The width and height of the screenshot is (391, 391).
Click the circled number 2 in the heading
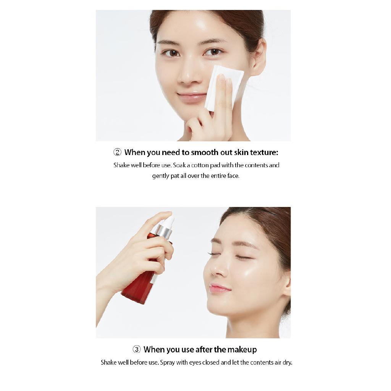(x=117, y=152)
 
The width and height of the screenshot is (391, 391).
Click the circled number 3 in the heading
(x=137, y=349)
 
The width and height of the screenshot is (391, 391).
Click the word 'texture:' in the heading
(x=264, y=152)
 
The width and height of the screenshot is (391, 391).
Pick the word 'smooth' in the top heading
(x=208, y=152)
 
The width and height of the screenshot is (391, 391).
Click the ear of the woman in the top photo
(x=259, y=57)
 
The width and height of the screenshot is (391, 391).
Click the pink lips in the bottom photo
(x=219, y=288)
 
